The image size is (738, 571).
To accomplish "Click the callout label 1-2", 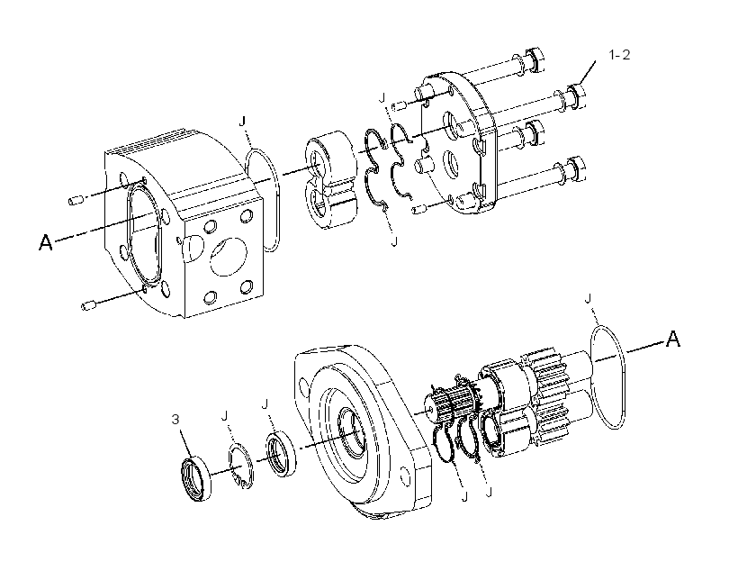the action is [x=619, y=55].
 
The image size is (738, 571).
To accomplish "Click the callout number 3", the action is [x=175, y=420].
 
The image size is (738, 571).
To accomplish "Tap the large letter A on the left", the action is [x=46, y=242].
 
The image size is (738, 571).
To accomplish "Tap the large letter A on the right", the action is [x=673, y=339].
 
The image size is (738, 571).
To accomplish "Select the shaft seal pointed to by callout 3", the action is [x=196, y=478].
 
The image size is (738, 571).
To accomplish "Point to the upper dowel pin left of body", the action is [x=76, y=201].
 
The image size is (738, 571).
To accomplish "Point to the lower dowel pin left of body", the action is [x=89, y=306].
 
